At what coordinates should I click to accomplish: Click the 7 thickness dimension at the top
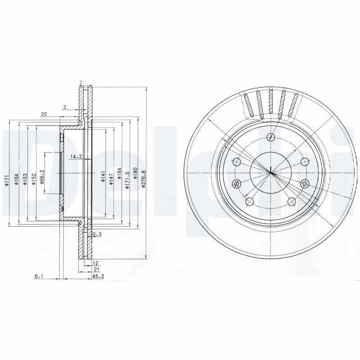point(81,83)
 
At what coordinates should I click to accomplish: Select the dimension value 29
point(44,114)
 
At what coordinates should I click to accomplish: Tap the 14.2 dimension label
point(76,157)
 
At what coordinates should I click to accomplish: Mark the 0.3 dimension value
point(96,234)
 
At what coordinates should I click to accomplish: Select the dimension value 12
point(95,262)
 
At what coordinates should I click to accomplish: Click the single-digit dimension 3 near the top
point(65,107)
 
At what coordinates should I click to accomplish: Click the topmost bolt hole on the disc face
point(270,137)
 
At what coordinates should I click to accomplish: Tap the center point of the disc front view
point(270,172)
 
